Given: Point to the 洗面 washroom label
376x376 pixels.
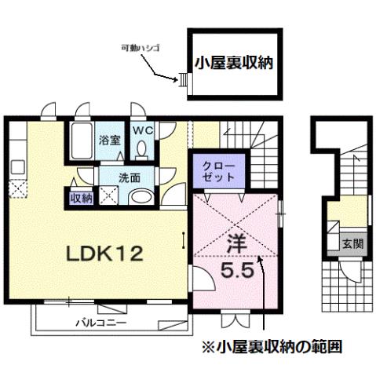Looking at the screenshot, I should [108, 177].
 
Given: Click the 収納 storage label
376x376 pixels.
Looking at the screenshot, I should [81, 198].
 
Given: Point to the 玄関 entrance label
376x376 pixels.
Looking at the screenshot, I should [353, 244].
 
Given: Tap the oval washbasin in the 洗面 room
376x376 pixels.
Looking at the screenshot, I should [140, 197].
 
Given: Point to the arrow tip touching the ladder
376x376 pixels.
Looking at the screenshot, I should [178, 78].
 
